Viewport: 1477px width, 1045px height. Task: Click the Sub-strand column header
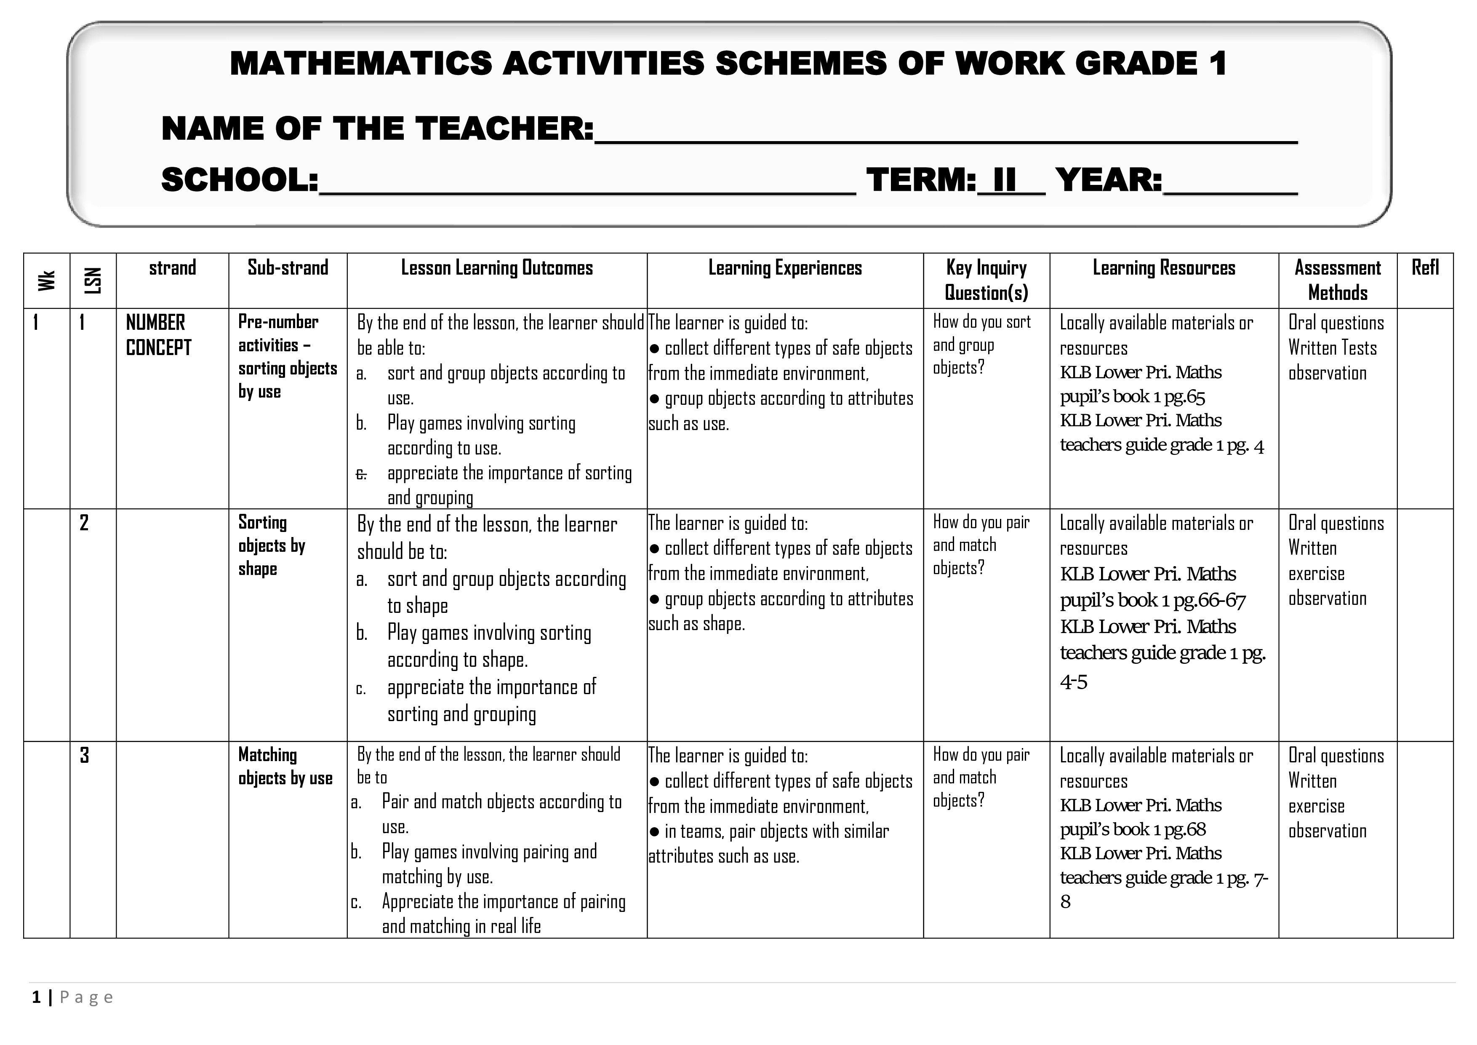coord(288,268)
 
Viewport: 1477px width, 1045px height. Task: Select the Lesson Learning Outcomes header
coord(497,268)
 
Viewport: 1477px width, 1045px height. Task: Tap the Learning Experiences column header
coord(785,268)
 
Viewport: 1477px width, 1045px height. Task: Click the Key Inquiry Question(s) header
coord(986,280)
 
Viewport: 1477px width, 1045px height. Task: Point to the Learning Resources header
coord(1164,268)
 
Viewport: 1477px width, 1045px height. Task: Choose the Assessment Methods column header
coord(1337,280)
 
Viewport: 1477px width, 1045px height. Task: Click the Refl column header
coord(1425,268)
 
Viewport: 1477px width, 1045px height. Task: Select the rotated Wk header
coord(46,281)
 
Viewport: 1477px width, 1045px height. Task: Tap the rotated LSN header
coord(93,281)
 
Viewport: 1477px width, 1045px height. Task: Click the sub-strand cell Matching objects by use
coord(285,767)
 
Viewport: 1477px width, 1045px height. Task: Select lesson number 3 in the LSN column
coord(84,755)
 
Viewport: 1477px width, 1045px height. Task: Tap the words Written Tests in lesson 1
coord(1332,348)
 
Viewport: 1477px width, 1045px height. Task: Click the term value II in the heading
coord(1004,180)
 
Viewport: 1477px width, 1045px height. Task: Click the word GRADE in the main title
coord(1136,64)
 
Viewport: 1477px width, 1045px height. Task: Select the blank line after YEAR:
coord(1230,183)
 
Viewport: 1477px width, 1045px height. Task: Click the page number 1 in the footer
coord(37,997)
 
